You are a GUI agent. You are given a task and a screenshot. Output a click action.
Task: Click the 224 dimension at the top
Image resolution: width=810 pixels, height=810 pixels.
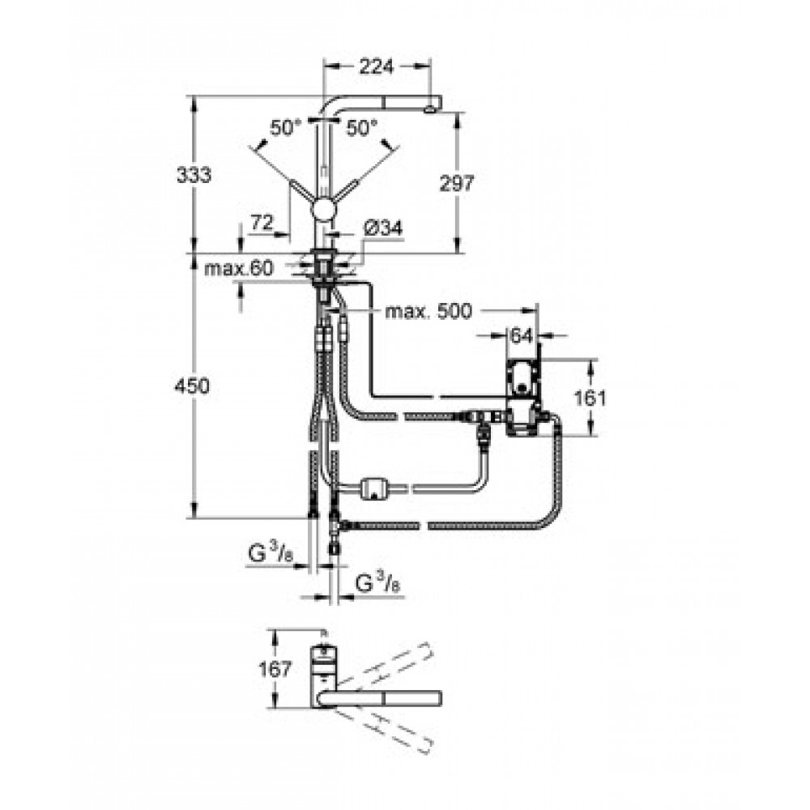[376, 66]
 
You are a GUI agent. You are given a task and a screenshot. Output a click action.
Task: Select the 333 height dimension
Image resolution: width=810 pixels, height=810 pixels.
[194, 175]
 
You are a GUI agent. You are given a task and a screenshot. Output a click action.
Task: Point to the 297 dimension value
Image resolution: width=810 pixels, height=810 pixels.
[457, 183]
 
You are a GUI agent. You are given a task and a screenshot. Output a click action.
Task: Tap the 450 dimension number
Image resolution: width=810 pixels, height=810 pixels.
[192, 386]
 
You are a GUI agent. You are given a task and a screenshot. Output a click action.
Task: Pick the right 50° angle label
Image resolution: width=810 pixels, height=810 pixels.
[361, 128]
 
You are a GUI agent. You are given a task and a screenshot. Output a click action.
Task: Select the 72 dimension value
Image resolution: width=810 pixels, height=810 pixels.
[262, 223]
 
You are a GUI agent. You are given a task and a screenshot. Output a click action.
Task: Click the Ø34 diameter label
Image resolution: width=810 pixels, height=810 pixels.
[383, 228]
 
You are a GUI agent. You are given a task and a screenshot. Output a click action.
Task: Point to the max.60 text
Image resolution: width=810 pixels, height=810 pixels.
[238, 269]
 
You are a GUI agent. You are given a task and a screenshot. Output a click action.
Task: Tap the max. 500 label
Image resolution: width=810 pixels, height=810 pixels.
[428, 311]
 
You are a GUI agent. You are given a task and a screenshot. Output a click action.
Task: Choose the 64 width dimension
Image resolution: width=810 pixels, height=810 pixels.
[521, 336]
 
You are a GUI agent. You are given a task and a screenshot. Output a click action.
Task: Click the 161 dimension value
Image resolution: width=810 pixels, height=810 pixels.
[590, 398]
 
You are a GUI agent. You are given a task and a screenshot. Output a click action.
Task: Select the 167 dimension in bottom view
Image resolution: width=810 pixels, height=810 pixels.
[275, 669]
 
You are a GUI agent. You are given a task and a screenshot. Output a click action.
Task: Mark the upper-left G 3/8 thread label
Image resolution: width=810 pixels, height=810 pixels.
[271, 554]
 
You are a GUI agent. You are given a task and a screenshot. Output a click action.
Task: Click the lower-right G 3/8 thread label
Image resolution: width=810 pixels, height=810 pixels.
[377, 584]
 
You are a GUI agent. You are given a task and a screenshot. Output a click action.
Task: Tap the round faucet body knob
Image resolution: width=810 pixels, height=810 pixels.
[324, 211]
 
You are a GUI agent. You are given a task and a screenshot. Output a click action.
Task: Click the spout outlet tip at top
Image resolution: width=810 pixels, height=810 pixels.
[430, 109]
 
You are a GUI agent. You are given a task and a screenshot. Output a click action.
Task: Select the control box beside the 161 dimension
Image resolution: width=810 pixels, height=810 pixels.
[524, 398]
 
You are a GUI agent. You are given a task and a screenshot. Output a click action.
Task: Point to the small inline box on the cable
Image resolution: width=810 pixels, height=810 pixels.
[375, 488]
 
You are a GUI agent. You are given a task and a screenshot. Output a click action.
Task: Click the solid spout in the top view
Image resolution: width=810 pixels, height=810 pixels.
[380, 698]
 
